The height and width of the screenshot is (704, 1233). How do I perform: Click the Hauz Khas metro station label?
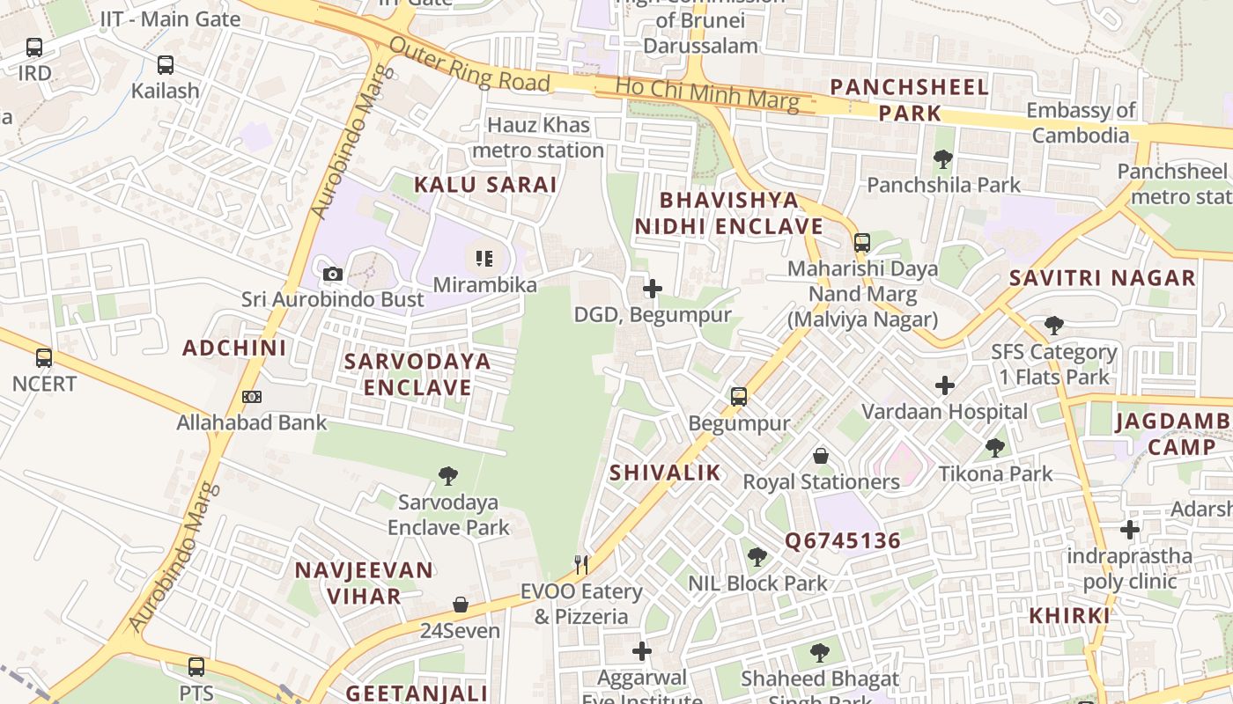tap(538, 138)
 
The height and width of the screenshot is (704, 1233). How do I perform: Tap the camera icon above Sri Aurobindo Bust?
tap(332, 274)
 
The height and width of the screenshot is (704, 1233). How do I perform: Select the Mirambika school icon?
tap(484, 259)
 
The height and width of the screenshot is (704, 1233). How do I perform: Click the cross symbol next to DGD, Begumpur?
tap(653, 289)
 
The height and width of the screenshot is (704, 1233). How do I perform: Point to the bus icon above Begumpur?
tap(739, 397)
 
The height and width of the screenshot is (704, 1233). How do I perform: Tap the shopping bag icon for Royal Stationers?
tap(821, 456)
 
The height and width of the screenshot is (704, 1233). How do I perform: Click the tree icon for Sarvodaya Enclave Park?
tap(448, 476)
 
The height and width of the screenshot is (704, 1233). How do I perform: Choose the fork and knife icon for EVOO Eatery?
tap(580, 564)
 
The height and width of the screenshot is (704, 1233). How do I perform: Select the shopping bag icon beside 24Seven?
tap(460, 605)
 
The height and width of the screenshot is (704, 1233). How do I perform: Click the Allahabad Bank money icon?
tap(252, 397)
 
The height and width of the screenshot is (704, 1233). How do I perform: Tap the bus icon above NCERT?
tap(44, 358)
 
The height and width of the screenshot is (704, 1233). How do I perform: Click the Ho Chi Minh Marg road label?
tap(707, 94)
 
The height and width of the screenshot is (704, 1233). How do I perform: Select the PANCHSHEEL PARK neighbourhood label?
tap(910, 99)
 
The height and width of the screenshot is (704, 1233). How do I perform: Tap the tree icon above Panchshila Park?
tap(943, 159)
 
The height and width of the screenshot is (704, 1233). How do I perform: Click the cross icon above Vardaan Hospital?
tap(945, 385)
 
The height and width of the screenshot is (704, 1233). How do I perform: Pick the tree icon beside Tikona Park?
tap(995, 448)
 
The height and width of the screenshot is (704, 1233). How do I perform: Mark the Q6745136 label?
tap(843, 540)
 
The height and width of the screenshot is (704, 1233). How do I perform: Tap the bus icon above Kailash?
tap(166, 64)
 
